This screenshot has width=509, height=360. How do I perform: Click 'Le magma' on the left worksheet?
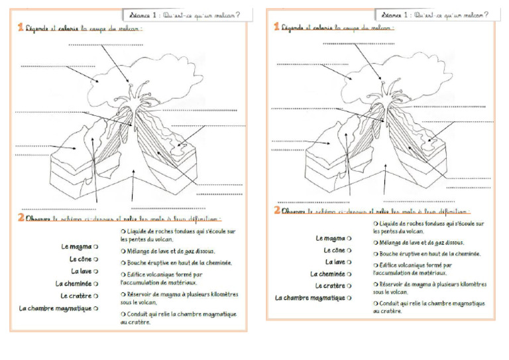click(76, 247)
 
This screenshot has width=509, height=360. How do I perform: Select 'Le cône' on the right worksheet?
click(334, 250)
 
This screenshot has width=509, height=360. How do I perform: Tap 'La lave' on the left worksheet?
click(82, 271)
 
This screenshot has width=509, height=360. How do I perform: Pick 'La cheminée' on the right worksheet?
click(327, 274)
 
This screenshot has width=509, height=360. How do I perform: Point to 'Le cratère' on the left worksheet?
click(76, 296)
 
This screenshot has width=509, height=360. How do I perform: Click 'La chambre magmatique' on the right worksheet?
click(310, 298)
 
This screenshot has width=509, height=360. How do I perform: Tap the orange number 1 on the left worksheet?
click(21, 27)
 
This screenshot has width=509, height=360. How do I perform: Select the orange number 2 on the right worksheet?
click(277, 211)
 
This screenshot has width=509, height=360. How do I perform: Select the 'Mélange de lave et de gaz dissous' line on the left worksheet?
click(168, 251)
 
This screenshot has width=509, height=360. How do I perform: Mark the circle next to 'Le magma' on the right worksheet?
click(349, 238)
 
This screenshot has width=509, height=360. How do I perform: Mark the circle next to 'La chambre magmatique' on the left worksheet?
click(96, 308)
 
